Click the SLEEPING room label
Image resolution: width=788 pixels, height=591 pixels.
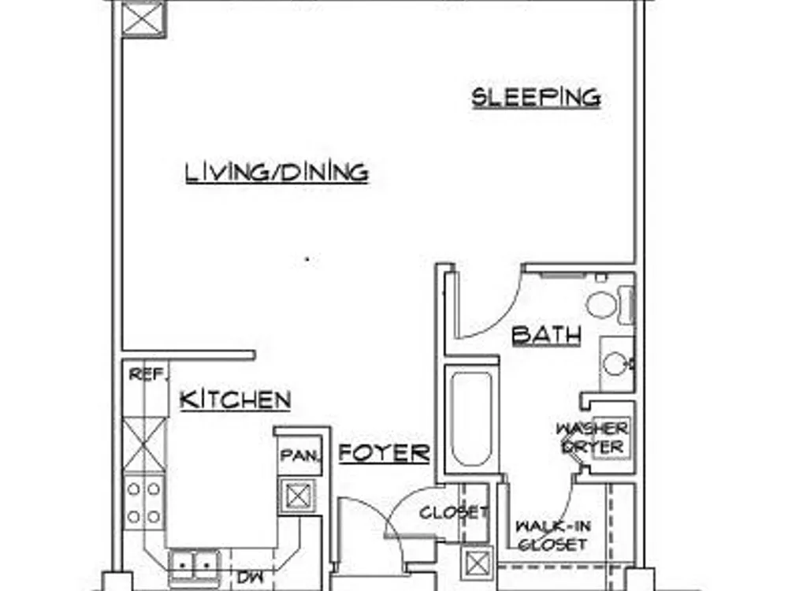pyautogui.click(x=536, y=98)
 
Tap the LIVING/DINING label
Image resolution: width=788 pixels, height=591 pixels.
pyautogui.click(x=277, y=173)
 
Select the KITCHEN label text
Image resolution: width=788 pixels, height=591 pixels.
pyautogui.click(x=235, y=400)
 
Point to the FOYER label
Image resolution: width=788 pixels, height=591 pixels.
pyautogui.click(x=385, y=453)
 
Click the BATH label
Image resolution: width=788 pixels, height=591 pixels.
pyautogui.click(x=547, y=335)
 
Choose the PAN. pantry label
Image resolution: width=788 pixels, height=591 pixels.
pyautogui.click(x=300, y=455)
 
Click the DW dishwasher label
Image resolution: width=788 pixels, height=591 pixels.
pyautogui.click(x=250, y=577)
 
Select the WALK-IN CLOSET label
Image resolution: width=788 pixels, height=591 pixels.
pyautogui.click(x=553, y=536)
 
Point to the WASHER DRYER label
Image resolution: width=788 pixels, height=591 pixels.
pyautogui.click(x=592, y=437)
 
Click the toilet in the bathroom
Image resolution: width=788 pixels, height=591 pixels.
pyautogui.click(x=610, y=304)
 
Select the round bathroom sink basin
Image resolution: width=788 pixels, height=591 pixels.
pyautogui.click(x=615, y=362)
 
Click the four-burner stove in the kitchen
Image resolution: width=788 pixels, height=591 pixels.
pyautogui.click(x=143, y=503)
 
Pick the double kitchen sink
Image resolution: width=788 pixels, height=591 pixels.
pyautogui.click(x=195, y=565)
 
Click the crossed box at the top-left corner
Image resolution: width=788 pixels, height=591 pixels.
pyautogui.click(x=143, y=19)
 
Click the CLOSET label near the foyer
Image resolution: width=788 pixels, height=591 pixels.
pyautogui.click(x=454, y=513)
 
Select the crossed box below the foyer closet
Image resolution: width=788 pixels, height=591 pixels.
pyautogui.click(x=477, y=563)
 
